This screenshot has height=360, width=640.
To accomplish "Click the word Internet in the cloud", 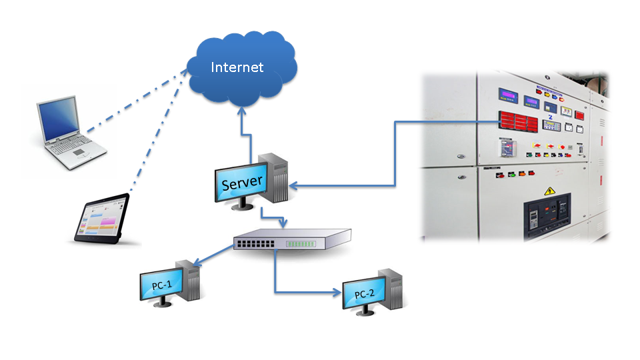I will point(237,67).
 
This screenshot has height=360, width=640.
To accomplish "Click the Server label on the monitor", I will point(242,183).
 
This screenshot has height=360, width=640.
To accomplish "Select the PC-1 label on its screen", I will point(162,285).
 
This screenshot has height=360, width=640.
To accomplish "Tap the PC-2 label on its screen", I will point(365,294).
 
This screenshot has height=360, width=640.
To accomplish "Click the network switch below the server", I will point(292,240).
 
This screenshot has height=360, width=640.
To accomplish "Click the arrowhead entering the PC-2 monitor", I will point(335,292).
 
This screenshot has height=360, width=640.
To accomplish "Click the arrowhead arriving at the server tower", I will point(294,186).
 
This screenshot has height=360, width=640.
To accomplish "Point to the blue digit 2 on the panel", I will point(551,117).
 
